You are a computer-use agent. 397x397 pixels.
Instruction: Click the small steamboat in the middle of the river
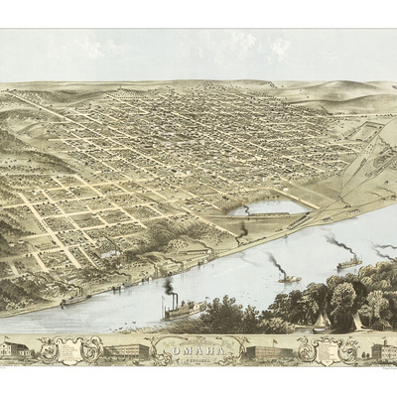tap(289, 278)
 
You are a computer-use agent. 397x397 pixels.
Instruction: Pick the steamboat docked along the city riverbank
tap(75, 297)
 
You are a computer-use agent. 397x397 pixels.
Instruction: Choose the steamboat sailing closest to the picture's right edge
tap(349, 263)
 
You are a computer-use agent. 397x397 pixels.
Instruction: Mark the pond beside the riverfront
tap(268, 208)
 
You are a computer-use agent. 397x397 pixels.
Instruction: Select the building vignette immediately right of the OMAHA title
tap(270, 351)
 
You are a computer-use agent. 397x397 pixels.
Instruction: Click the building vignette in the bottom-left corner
tap(26, 349)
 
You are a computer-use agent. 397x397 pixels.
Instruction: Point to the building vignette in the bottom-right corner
tap(381, 349)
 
